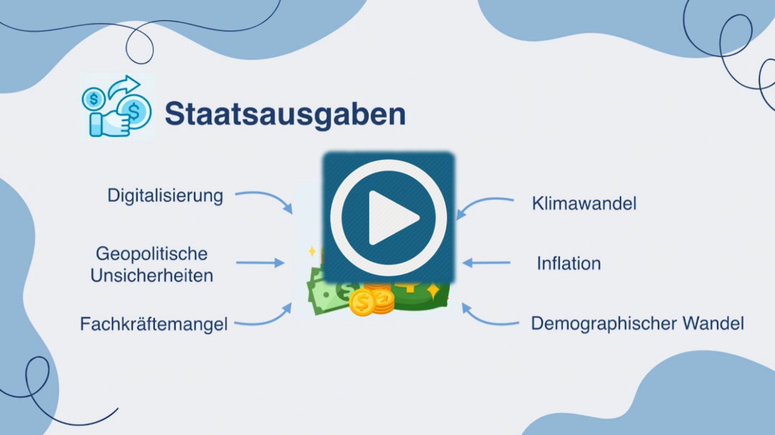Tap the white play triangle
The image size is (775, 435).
[394, 218]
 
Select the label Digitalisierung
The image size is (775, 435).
[165, 196]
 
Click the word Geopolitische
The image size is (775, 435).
[151, 254]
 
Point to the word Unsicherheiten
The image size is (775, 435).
[151, 276]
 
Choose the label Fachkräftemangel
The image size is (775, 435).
[154, 324]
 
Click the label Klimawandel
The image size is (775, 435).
[584, 203]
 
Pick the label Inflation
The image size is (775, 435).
[569, 264]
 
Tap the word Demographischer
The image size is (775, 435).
[604, 324]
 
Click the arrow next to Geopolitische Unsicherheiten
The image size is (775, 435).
[260, 263]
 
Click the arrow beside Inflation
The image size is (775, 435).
[486, 263]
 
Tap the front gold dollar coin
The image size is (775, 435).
[362, 303]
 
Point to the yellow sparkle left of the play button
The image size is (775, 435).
[312, 252]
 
